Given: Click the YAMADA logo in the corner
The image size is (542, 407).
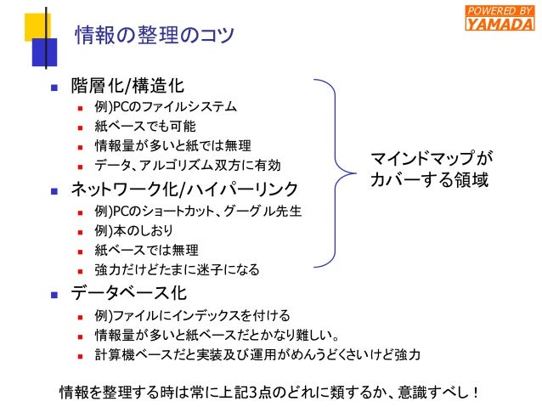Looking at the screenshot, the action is (x=500, y=17).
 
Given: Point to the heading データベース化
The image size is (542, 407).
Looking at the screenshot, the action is (x=127, y=295).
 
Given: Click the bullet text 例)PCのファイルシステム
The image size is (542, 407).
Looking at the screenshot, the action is (x=166, y=108).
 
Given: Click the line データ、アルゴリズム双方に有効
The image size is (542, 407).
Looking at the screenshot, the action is (x=187, y=164).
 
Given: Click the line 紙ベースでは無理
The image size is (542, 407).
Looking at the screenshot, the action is (x=146, y=250).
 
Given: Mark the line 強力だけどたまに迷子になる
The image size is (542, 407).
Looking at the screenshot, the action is (x=177, y=269).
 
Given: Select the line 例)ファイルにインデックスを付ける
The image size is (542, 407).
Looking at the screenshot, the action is (x=192, y=316).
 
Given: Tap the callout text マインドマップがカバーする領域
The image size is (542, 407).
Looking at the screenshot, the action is (x=431, y=169).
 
